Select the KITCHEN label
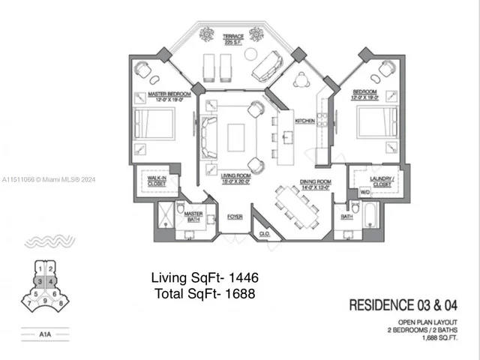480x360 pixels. (304, 121)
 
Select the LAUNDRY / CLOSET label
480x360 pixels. (381, 180)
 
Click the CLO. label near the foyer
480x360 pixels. (264, 233)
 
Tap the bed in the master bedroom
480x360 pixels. (154, 124)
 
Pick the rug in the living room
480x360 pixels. (236, 136)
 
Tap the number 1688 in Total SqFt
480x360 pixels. (238, 294)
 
